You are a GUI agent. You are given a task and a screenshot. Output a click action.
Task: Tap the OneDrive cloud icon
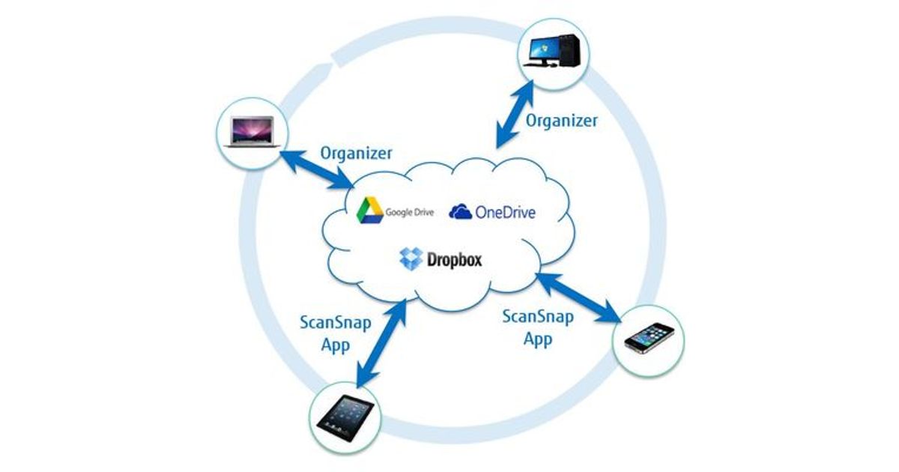tap(460, 212)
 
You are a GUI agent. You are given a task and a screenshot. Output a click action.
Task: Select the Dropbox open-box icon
tap(411, 258)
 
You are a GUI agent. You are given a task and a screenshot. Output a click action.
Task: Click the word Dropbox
tap(454, 260)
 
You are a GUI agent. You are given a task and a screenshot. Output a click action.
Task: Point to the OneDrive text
tap(505, 213)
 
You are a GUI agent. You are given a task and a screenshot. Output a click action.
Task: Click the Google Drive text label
tap(409, 212)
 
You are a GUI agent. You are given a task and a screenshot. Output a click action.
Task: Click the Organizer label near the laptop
tap(356, 153)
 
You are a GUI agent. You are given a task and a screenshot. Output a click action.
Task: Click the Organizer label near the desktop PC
tap(561, 121)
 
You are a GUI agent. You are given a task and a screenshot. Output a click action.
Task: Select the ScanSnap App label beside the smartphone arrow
tap(538, 327)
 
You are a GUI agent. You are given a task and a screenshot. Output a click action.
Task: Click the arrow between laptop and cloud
tap(315, 168)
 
